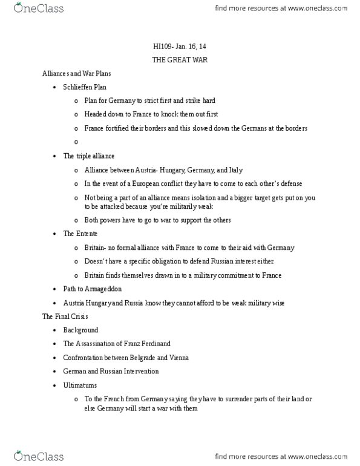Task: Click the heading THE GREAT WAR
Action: [179, 61]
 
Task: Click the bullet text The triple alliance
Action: [89, 156]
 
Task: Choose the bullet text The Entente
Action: [80, 233]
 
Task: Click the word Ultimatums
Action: [80, 385]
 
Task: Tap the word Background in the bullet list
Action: [80, 330]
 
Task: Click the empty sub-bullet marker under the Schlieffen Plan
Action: [76, 142]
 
